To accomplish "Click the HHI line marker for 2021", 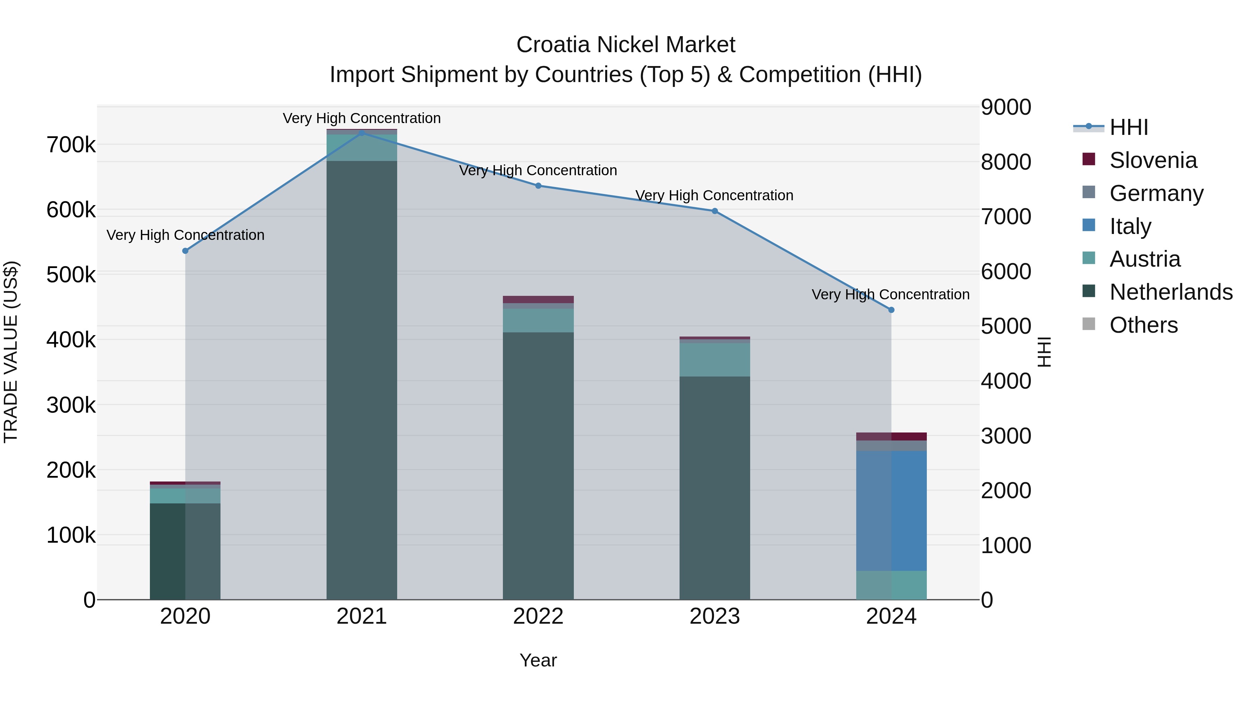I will click(362, 133).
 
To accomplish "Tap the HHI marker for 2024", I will click(891, 310).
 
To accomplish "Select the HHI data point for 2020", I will click(185, 251).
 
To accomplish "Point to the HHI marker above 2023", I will click(714, 211).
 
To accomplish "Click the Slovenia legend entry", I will click(1153, 160).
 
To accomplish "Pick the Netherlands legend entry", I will click(1170, 292).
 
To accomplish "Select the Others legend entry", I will click(1143, 325).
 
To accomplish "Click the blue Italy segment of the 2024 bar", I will click(891, 510).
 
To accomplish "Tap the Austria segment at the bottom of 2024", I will click(891, 585).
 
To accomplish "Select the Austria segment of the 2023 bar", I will click(714, 359).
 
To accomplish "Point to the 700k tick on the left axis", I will click(71, 145).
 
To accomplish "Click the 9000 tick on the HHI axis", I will click(1005, 107).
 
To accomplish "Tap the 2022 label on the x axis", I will click(538, 616).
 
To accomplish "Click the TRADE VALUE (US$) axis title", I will click(11, 352).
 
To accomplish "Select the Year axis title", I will click(538, 660).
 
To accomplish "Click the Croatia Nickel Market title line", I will click(626, 45).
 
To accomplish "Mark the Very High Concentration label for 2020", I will click(185, 235).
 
